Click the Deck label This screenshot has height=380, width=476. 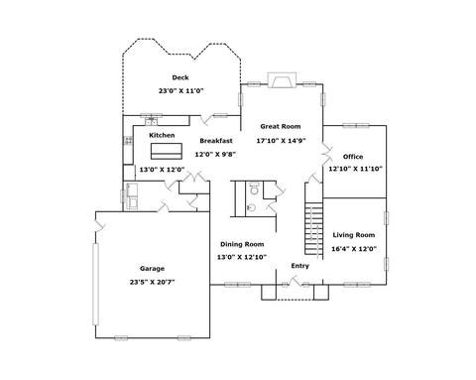click(x=180, y=77)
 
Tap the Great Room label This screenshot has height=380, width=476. click(x=281, y=126)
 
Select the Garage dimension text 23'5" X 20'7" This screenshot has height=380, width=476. click(x=152, y=282)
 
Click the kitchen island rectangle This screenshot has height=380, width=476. click(x=167, y=151)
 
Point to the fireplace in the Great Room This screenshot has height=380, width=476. click(x=282, y=80)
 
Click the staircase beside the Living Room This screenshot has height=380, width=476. click(x=313, y=229)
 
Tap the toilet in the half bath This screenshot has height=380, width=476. click(x=254, y=189)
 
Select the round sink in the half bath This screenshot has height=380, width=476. click(x=251, y=207)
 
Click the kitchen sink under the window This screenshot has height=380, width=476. click(x=151, y=121)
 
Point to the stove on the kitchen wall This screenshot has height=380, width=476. click(x=128, y=141)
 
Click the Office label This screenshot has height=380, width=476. click(x=353, y=157)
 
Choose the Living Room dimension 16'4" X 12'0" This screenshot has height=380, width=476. click(x=354, y=249)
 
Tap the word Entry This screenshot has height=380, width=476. click(x=299, y=266)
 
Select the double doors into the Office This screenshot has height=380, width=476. click(x=327, y=154)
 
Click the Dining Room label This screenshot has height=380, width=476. click(x=242, y=244)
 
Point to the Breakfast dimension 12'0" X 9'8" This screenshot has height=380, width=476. click(x=215, y=154)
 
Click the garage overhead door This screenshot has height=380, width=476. click(x=95, y=284)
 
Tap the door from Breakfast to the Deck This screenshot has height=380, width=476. click(x=207, y=119)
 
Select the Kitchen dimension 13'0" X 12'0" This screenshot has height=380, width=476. click(x=162, y=170)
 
